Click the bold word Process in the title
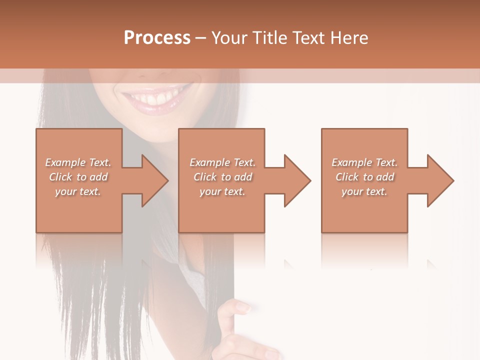(157, 38)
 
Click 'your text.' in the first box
(78, 191)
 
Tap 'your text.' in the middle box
(222, 191)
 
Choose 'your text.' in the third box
(364, 191)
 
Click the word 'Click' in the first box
(60, 177)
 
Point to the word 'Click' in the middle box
(205, 177)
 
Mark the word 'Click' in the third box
(347, 177)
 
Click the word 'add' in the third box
(385, 177)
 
